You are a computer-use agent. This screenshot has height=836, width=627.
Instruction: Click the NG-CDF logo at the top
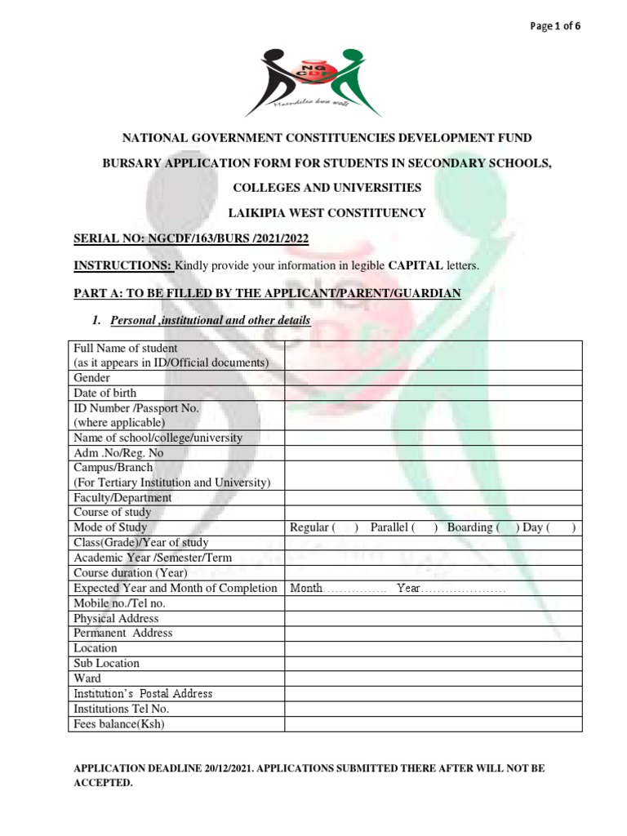[313, 81]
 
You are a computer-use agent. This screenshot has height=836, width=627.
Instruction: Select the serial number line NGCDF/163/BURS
[192, 238]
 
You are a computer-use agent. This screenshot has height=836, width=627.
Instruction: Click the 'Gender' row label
[92, 378]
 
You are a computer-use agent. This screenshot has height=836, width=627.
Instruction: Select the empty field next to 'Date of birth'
[433, 393]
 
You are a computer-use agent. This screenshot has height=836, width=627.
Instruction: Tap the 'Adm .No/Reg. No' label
[118, 452]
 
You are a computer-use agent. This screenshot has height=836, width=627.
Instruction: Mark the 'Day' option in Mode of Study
[563, 527]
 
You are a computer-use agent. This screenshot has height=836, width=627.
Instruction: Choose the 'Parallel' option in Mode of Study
[425, 527]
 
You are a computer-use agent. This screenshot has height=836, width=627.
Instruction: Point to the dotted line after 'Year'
[464, 589]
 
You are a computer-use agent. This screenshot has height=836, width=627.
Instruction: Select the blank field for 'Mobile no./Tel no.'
[433, 603]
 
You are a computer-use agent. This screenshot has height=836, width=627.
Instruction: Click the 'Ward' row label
[87, 678]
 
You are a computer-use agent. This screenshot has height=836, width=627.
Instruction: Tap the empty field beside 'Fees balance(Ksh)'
[433, 723]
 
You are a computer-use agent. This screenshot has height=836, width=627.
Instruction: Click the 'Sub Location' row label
[106, 663]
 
